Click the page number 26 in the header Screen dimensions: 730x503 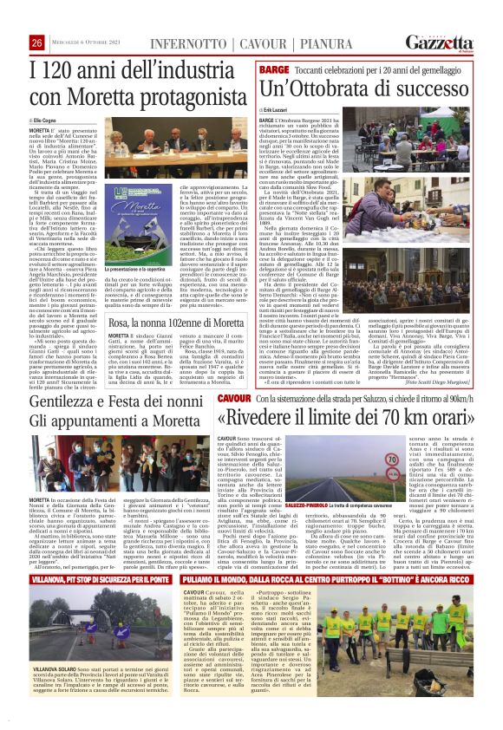36,43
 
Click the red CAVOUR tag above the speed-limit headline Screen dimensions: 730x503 234,398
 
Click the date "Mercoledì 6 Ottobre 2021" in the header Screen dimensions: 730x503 90,44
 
